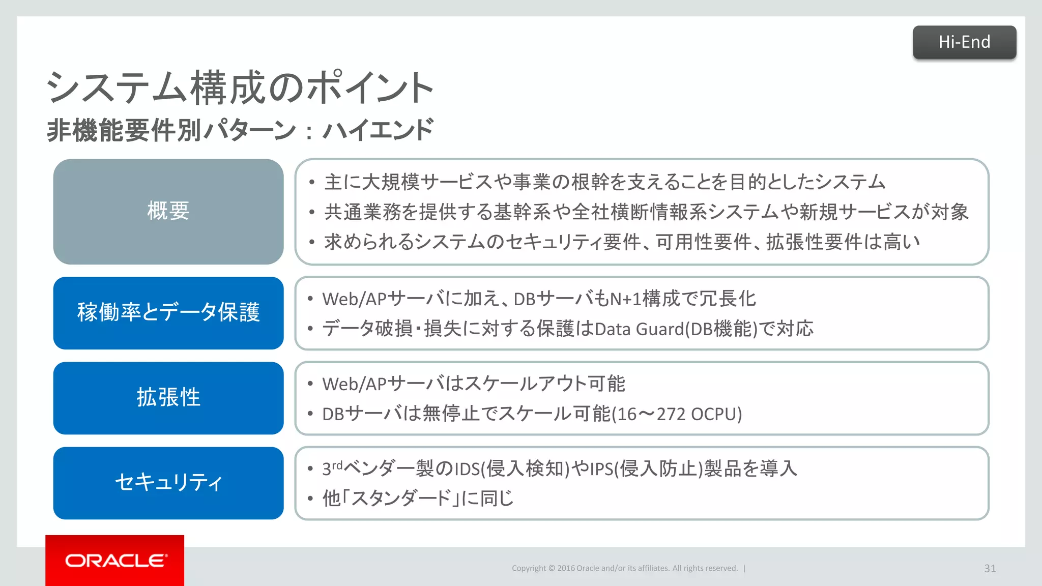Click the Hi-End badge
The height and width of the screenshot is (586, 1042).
tap(964, 42)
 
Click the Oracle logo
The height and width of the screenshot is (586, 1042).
tap(115, 561)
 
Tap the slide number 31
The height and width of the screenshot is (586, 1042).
tap(990, 568)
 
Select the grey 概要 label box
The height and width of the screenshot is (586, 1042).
tap(168, 212)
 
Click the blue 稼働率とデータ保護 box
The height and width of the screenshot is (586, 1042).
tap(168, 313)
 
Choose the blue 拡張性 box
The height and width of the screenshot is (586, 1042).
tap(168, 398)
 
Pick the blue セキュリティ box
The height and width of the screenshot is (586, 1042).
tap(168, 483)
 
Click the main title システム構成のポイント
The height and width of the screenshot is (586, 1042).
tap(240, 88)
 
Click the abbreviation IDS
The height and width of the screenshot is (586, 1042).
tap(467, 469)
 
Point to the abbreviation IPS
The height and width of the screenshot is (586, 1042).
tap(601, 469)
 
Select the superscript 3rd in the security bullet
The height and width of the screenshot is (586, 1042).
tap(332, 467)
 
